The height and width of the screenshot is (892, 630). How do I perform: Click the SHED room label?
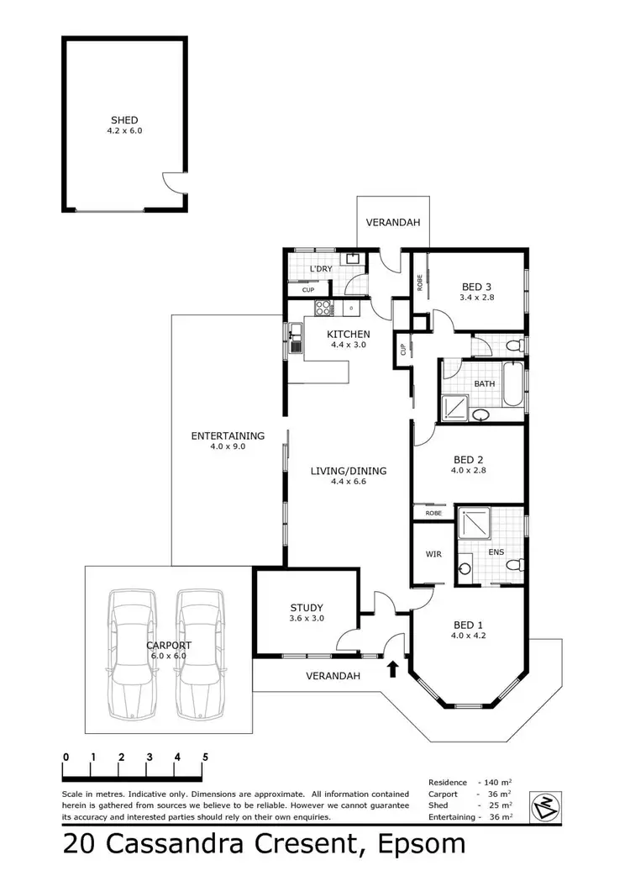[123, 120]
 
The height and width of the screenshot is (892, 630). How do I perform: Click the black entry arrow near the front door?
[391, 669]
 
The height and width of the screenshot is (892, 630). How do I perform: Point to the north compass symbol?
[543, 806]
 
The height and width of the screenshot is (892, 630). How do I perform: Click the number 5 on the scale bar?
[205, 757]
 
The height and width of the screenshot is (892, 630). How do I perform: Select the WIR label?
[433, 555]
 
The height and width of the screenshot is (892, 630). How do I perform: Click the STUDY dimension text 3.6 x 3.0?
[307, 619]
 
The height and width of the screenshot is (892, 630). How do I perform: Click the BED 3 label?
[475, 286]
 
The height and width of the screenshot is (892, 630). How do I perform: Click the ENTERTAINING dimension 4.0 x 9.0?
[228, 447]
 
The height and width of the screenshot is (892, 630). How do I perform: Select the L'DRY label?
[321, 269]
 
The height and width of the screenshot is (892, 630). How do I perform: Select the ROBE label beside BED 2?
[433, 512]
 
